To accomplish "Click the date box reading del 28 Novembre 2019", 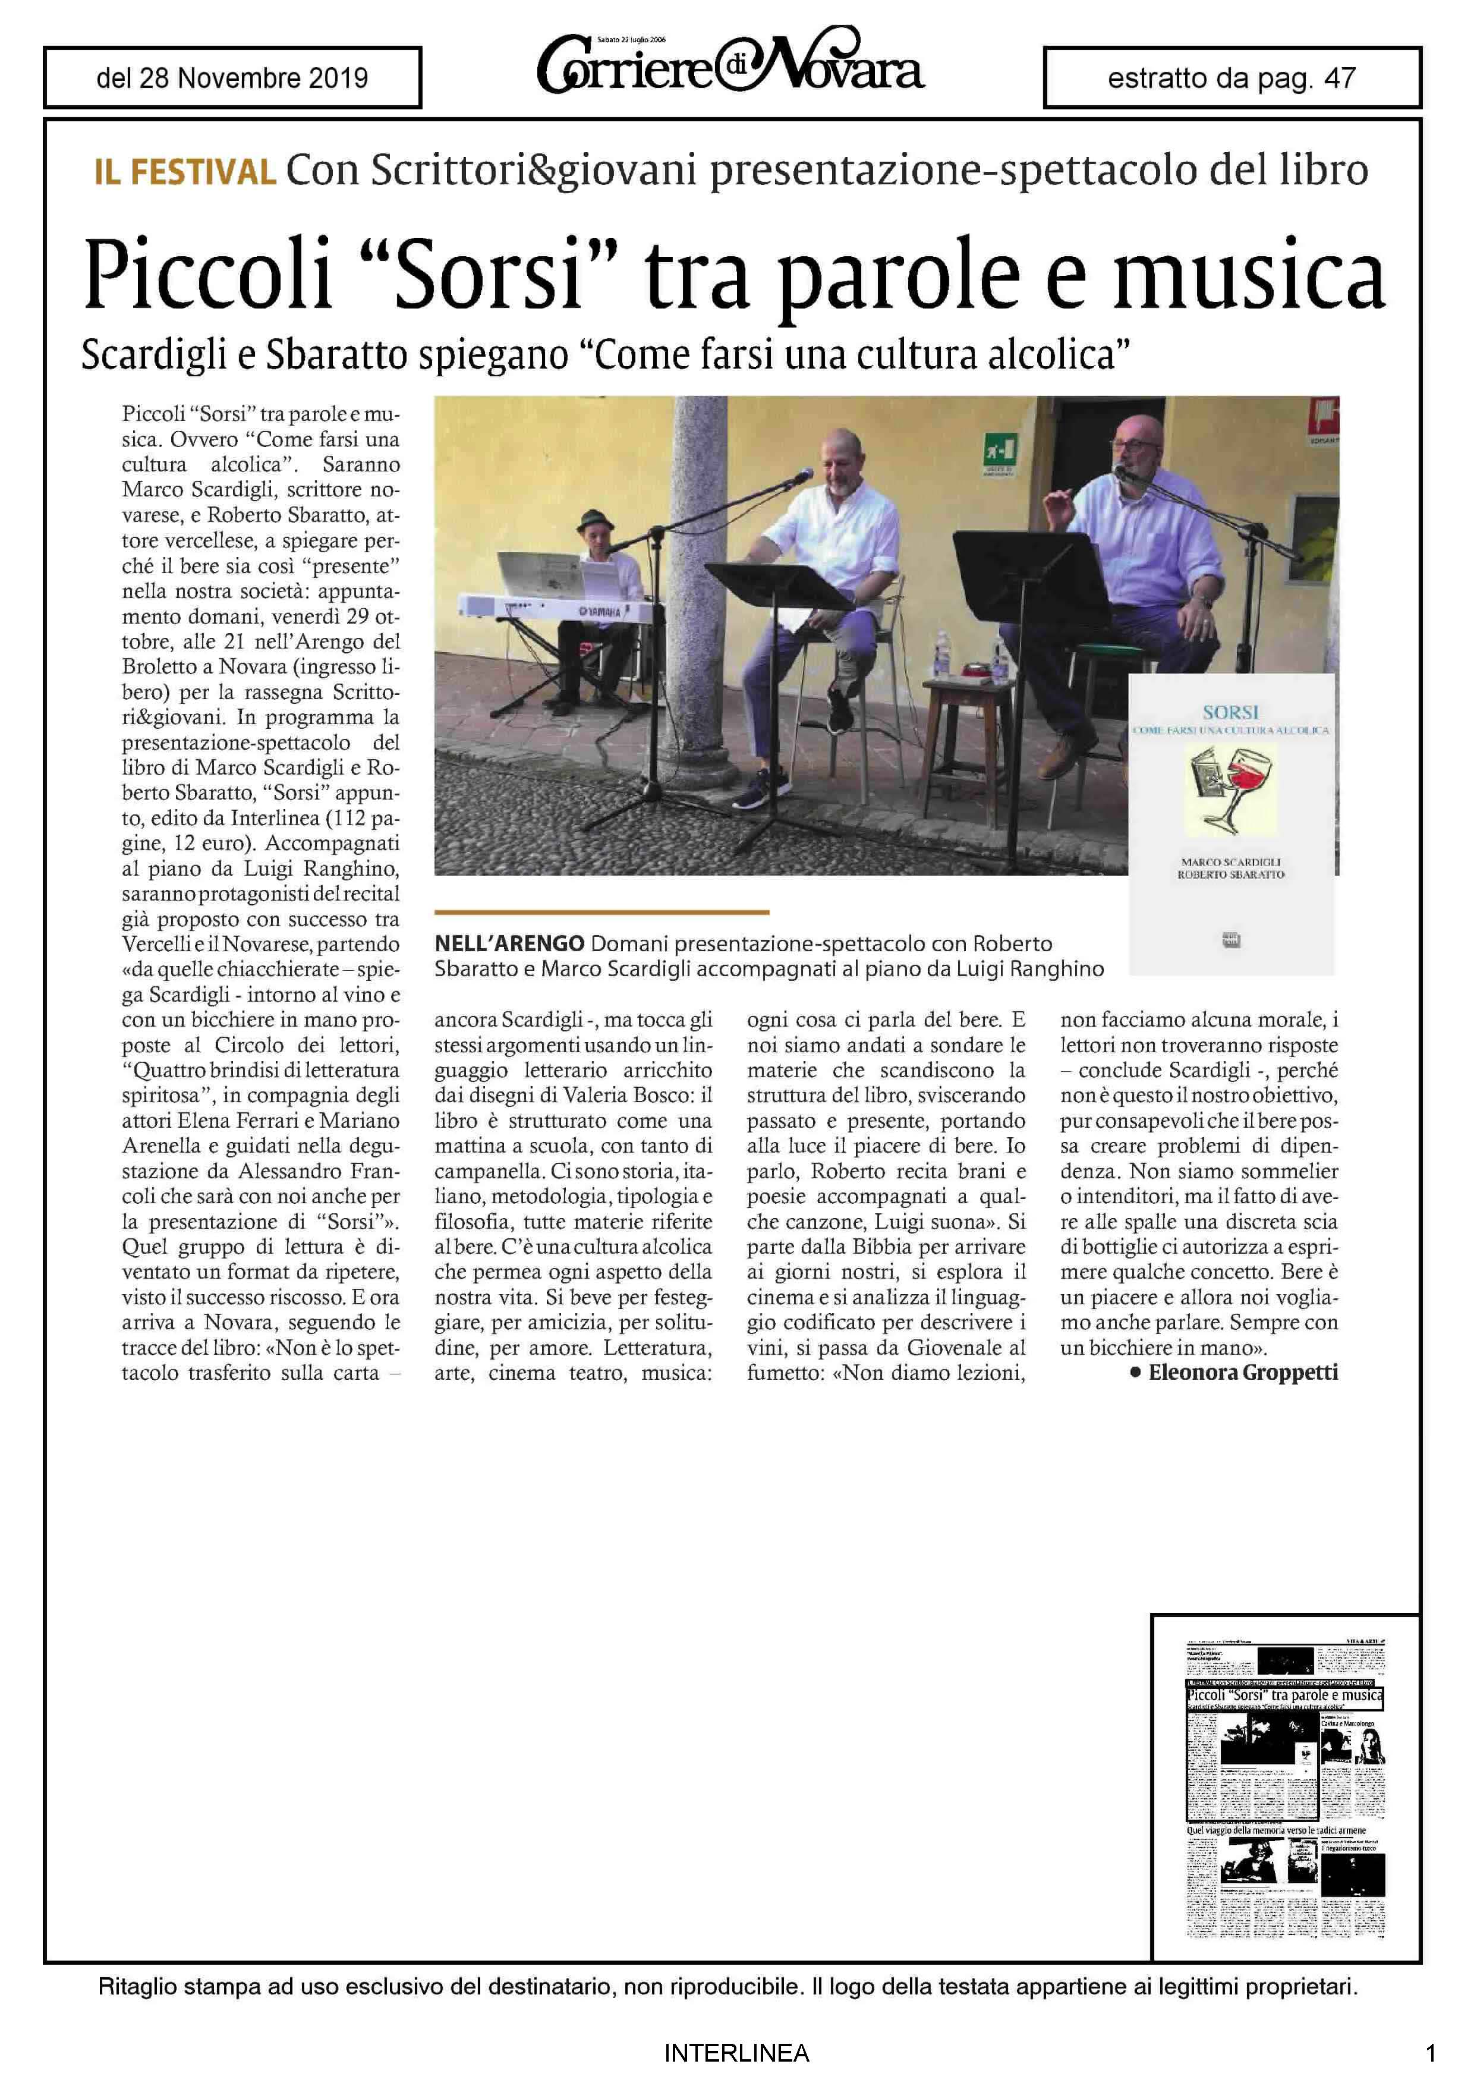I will click(x=232, y=78).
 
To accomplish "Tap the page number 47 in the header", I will click(x=1340, y=78).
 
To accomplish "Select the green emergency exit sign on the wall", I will click(x=999, y=449).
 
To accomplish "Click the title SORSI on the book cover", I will click(x=1230, y=712).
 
